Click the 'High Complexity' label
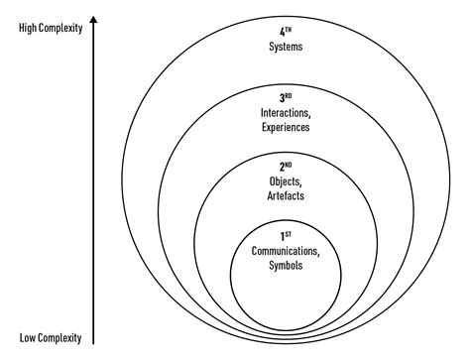pos(51,28)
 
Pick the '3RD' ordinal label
pos(285,98)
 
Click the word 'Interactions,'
pos(285,112)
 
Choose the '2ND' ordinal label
pos(285,168)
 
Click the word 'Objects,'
pos(285,181)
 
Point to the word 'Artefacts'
pos(285,195)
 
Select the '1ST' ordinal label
pos(285,236)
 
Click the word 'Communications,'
pos(285,251)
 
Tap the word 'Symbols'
pos(285,265)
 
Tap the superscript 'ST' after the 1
pos(288,234)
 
